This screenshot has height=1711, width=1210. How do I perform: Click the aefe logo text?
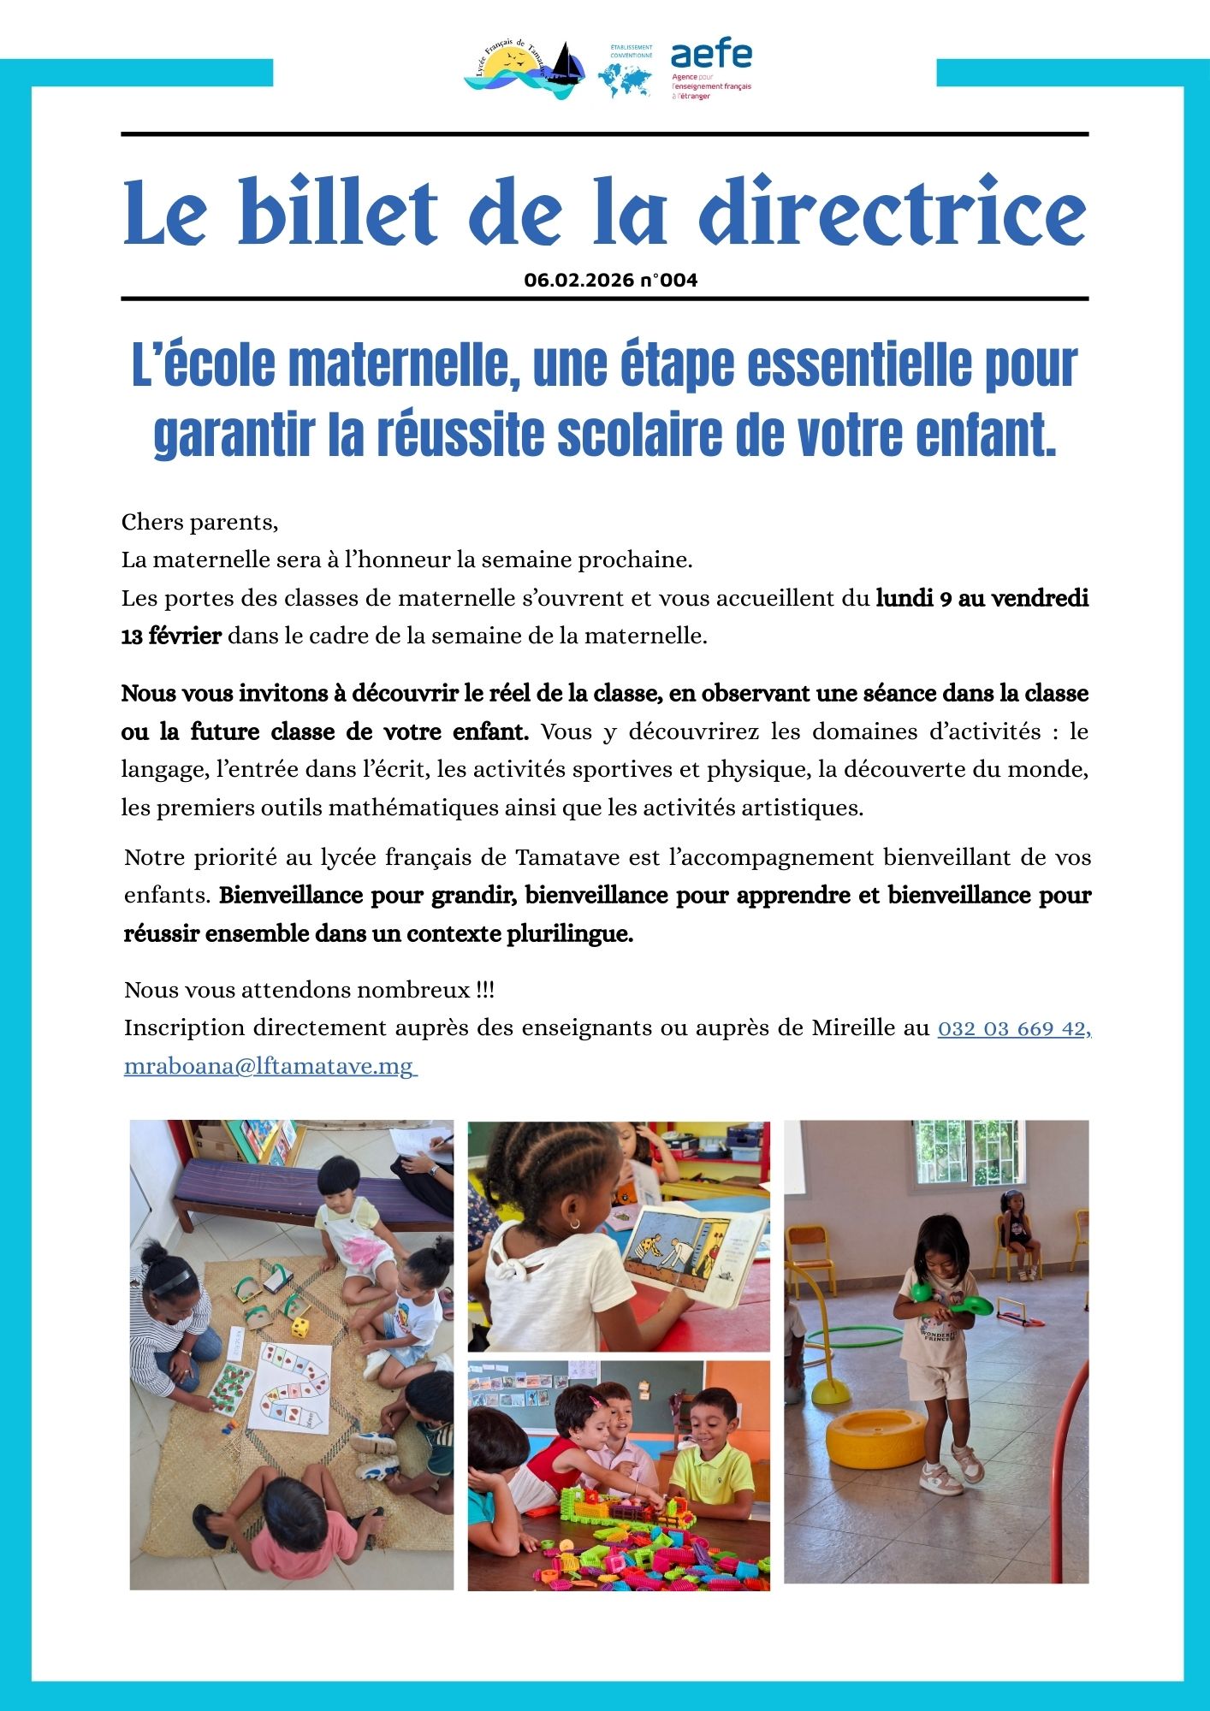coord(711,55)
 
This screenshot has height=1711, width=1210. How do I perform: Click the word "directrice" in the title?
coord(893,212)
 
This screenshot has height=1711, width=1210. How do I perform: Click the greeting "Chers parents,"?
coord(199,522)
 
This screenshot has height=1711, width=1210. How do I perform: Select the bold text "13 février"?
coord(171,636)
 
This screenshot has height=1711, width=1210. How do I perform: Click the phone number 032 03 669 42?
coord(1012,1028)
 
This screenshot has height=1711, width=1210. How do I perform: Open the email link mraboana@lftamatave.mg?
coord(269,1067)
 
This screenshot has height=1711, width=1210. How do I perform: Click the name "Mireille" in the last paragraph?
coord(853,1027)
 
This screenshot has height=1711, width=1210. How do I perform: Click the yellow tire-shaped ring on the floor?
coord(876,1438)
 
